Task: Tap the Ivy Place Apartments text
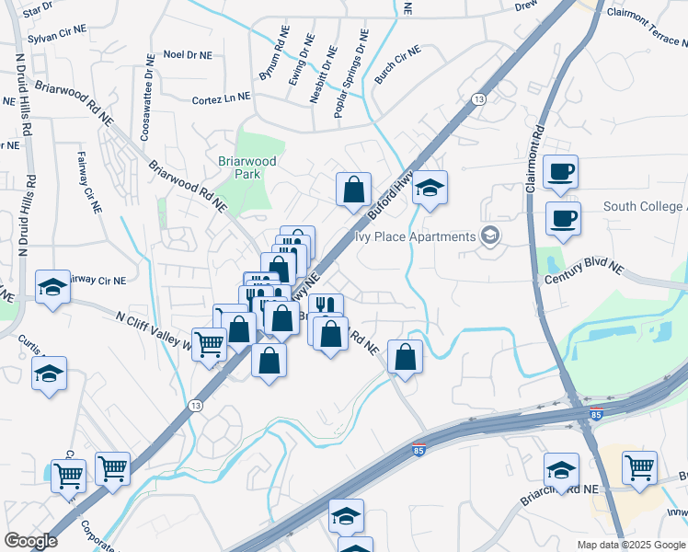415,236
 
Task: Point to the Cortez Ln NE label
221,99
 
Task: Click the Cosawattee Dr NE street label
147,97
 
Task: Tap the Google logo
30,541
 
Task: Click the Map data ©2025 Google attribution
630,545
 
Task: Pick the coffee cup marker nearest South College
563,217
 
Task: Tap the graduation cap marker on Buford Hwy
430,188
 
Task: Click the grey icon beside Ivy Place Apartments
488,236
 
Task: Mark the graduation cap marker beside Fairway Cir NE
52,288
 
